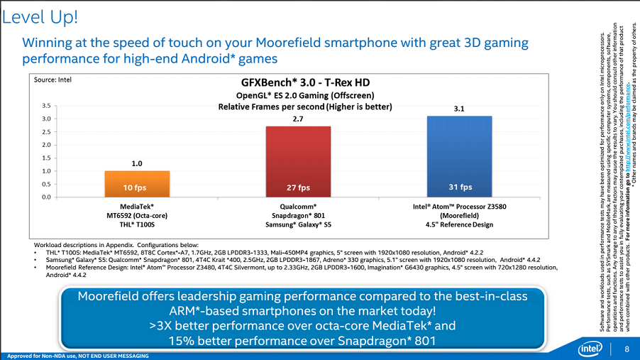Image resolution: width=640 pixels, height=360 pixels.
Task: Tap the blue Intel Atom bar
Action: (460, 155)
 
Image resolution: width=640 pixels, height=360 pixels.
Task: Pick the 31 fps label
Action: (460, 187)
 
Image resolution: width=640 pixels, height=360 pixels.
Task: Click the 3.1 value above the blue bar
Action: (460, 109)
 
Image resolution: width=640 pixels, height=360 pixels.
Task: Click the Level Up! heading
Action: (40, 15)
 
